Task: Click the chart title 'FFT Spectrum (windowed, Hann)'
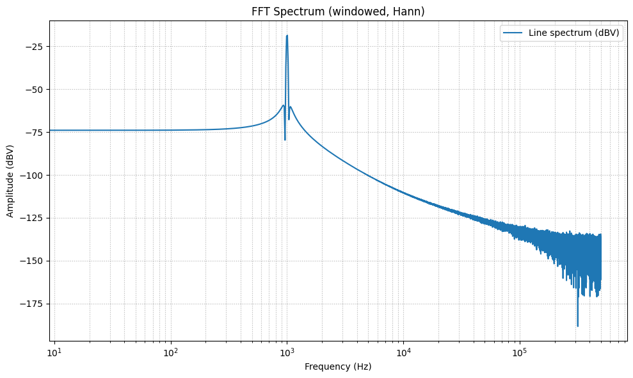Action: click(x=337, y=11)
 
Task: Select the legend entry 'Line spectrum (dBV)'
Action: click(x=574, y=33)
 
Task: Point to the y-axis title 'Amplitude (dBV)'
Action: click(x=10, y=181)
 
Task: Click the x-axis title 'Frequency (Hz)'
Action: click(x=337, y=366)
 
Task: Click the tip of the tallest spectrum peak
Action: click(x=287, y=36)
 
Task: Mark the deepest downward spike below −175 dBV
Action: click(x=578, y=326)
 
